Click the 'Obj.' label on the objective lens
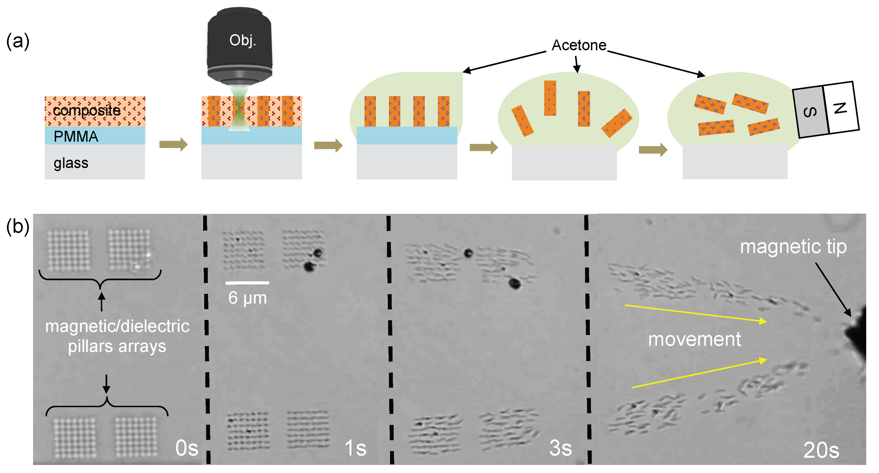click(243, 41)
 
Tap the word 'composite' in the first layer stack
click(87, 111)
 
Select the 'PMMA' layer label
click(76, 137)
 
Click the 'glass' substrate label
click(71, 163)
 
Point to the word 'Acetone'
click(579, 45)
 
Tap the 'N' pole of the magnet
click(840, 108)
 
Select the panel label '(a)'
click(18, 42)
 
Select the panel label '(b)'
click(18, 227)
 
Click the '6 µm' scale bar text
click(247, 298)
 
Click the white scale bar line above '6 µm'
click(247, 283)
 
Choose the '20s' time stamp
click(821, 450)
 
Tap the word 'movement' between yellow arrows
click(695, 340)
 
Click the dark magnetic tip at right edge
click(858, 338)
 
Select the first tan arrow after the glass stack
click(173, 144)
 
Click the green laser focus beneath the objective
click(240, 109)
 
